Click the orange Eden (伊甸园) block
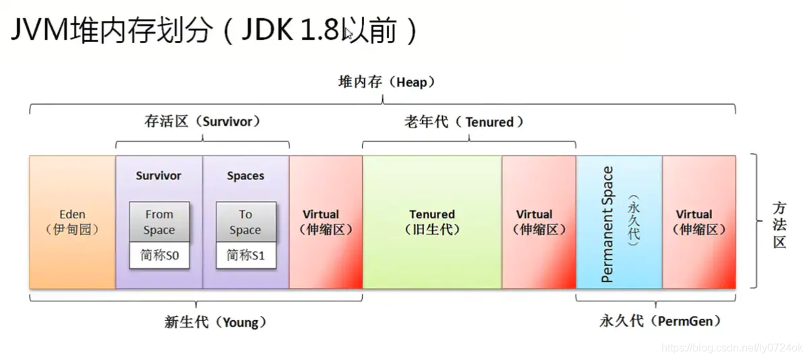pyautogui.click(x=72, y=222)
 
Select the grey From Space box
pyautogui.click(x=159, y=222)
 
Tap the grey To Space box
pyautogui.click(x=245, y=222)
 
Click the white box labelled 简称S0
pyautogui.click(x=159, y=256)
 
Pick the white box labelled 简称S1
pyautogui.click(x=245, y=256)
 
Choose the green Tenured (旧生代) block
pyautogui.click(x=432, y=222)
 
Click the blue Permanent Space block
pyautogui.click(x=619, y=222)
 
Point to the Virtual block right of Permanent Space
pyautogui.click(x=699, y=222)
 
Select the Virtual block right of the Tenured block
pyautogui.click(x=539, y=222)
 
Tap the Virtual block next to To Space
pyautogui.click(x=326, y=222)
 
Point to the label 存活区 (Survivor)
pyautogui.click(x=202, y=122)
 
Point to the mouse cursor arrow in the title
pyautogui.click(x=349, y=33)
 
